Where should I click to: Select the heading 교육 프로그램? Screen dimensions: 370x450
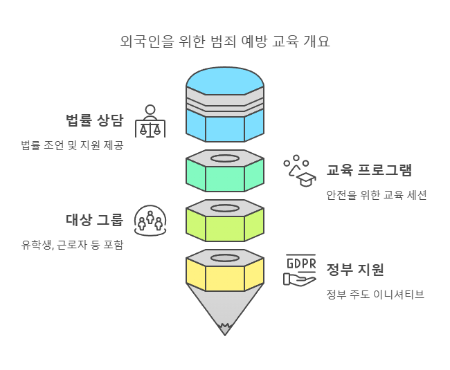(x=369, y=169)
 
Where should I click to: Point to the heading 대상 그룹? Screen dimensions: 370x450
(x=95, y=220)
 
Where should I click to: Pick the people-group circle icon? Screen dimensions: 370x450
(x=150, y=220)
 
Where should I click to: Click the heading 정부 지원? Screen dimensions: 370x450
(x=355, y=270)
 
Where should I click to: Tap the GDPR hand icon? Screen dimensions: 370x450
(x=300, y=270)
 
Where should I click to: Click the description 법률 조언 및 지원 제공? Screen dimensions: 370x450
(x=72, y=145)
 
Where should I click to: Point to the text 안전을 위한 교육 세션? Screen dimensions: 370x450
(x=377, y=195)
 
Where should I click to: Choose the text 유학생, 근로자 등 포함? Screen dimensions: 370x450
(x=72, y=245)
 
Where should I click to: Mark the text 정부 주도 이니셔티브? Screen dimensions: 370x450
(x=375, y=295)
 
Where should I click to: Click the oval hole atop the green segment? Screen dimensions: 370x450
(x=225, y=158)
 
